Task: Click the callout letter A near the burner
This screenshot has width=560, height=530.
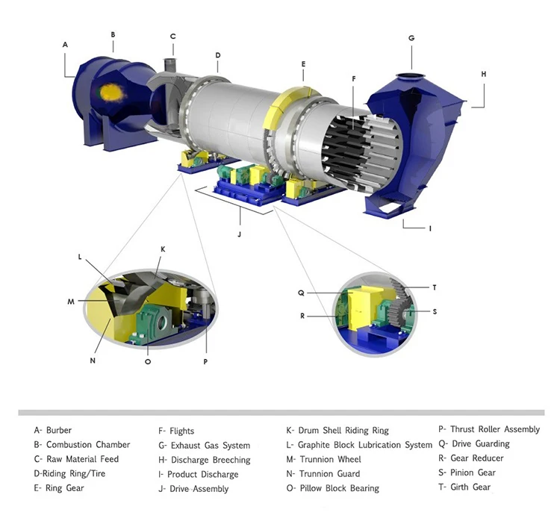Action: (x=65, y=45)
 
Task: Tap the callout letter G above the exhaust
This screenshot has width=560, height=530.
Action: (x=411, y=38)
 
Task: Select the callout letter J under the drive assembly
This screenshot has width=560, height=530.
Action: (x=240, y=234)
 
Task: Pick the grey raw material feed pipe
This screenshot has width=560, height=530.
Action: (x=171, y=60)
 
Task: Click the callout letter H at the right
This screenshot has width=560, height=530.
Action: (x=483, y=74)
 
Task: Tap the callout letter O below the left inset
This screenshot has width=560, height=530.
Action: (x=148, y=361)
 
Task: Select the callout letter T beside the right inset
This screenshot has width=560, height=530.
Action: (x=435, y=287)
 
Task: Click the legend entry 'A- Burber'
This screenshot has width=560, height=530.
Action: (x=53, y=430)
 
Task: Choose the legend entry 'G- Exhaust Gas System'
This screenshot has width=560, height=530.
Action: (x=204, y=446)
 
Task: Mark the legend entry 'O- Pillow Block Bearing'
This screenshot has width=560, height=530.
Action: (x=332, y=488)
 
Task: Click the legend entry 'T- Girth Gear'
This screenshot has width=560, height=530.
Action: (x=464, y=487)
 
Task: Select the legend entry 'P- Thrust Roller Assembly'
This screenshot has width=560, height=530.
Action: (x=488, y=429)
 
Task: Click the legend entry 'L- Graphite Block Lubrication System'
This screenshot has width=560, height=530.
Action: (x=359, y=445)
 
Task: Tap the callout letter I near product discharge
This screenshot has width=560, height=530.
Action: (x=430, y=228)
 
